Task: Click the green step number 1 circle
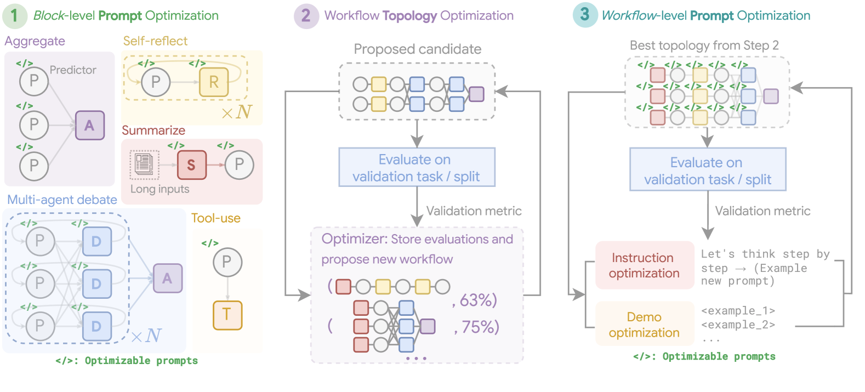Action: pyautogui.click(x=15, y=16)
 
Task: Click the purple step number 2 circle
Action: pyautogui.click(x=306, y=16)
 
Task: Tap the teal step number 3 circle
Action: pyautogui.click(x=585, y=15)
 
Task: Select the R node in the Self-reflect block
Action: pyautogui.click(x=214, y=82)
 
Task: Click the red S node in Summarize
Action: pyautogui.click(x=191, y=165)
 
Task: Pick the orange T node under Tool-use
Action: pyautogui.click(x=227, y=315)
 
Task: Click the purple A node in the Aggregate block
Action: pyautogui.click(x=89, y=125)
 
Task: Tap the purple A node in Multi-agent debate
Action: pyautogui.click(x=168, y=278)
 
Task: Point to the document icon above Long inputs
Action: pyautogui.click(x=144, y=165)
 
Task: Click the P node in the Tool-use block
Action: pyautogui.click(x=227, y=262)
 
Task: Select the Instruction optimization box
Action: pyautogui.click(x=645, y=265)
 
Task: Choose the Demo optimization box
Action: pyautogui.click(x=645, y=324)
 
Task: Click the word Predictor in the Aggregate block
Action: pyautogui.click(x=73, y=70)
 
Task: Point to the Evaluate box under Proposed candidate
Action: pyautogui.click(x=417, y=167)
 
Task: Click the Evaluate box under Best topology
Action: pyautogui.click(x=708, y=169)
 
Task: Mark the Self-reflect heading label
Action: pyautogui.click(x=155, y=41)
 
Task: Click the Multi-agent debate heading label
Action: pyautogui.click(x=62, y=200)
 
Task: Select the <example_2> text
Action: pyautogui.click(x=738, y=325)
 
